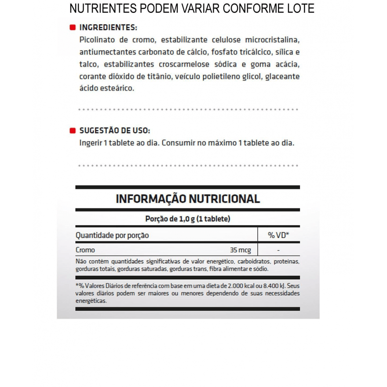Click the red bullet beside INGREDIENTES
[x=73, y=27]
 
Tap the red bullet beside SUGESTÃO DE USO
[x=73, y=131]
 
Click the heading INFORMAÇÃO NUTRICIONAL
[x=188, y=199]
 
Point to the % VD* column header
[x=278, y=235]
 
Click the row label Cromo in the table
[x=85, y=250]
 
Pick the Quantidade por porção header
[x=112, y=235]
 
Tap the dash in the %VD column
[x=279, y=250]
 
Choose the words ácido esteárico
[x=107, y=88]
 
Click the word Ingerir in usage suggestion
[x=90, y=143]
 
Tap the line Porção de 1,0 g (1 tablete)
[x=188, y=219]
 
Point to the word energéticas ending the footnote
[x=91, y=301]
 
